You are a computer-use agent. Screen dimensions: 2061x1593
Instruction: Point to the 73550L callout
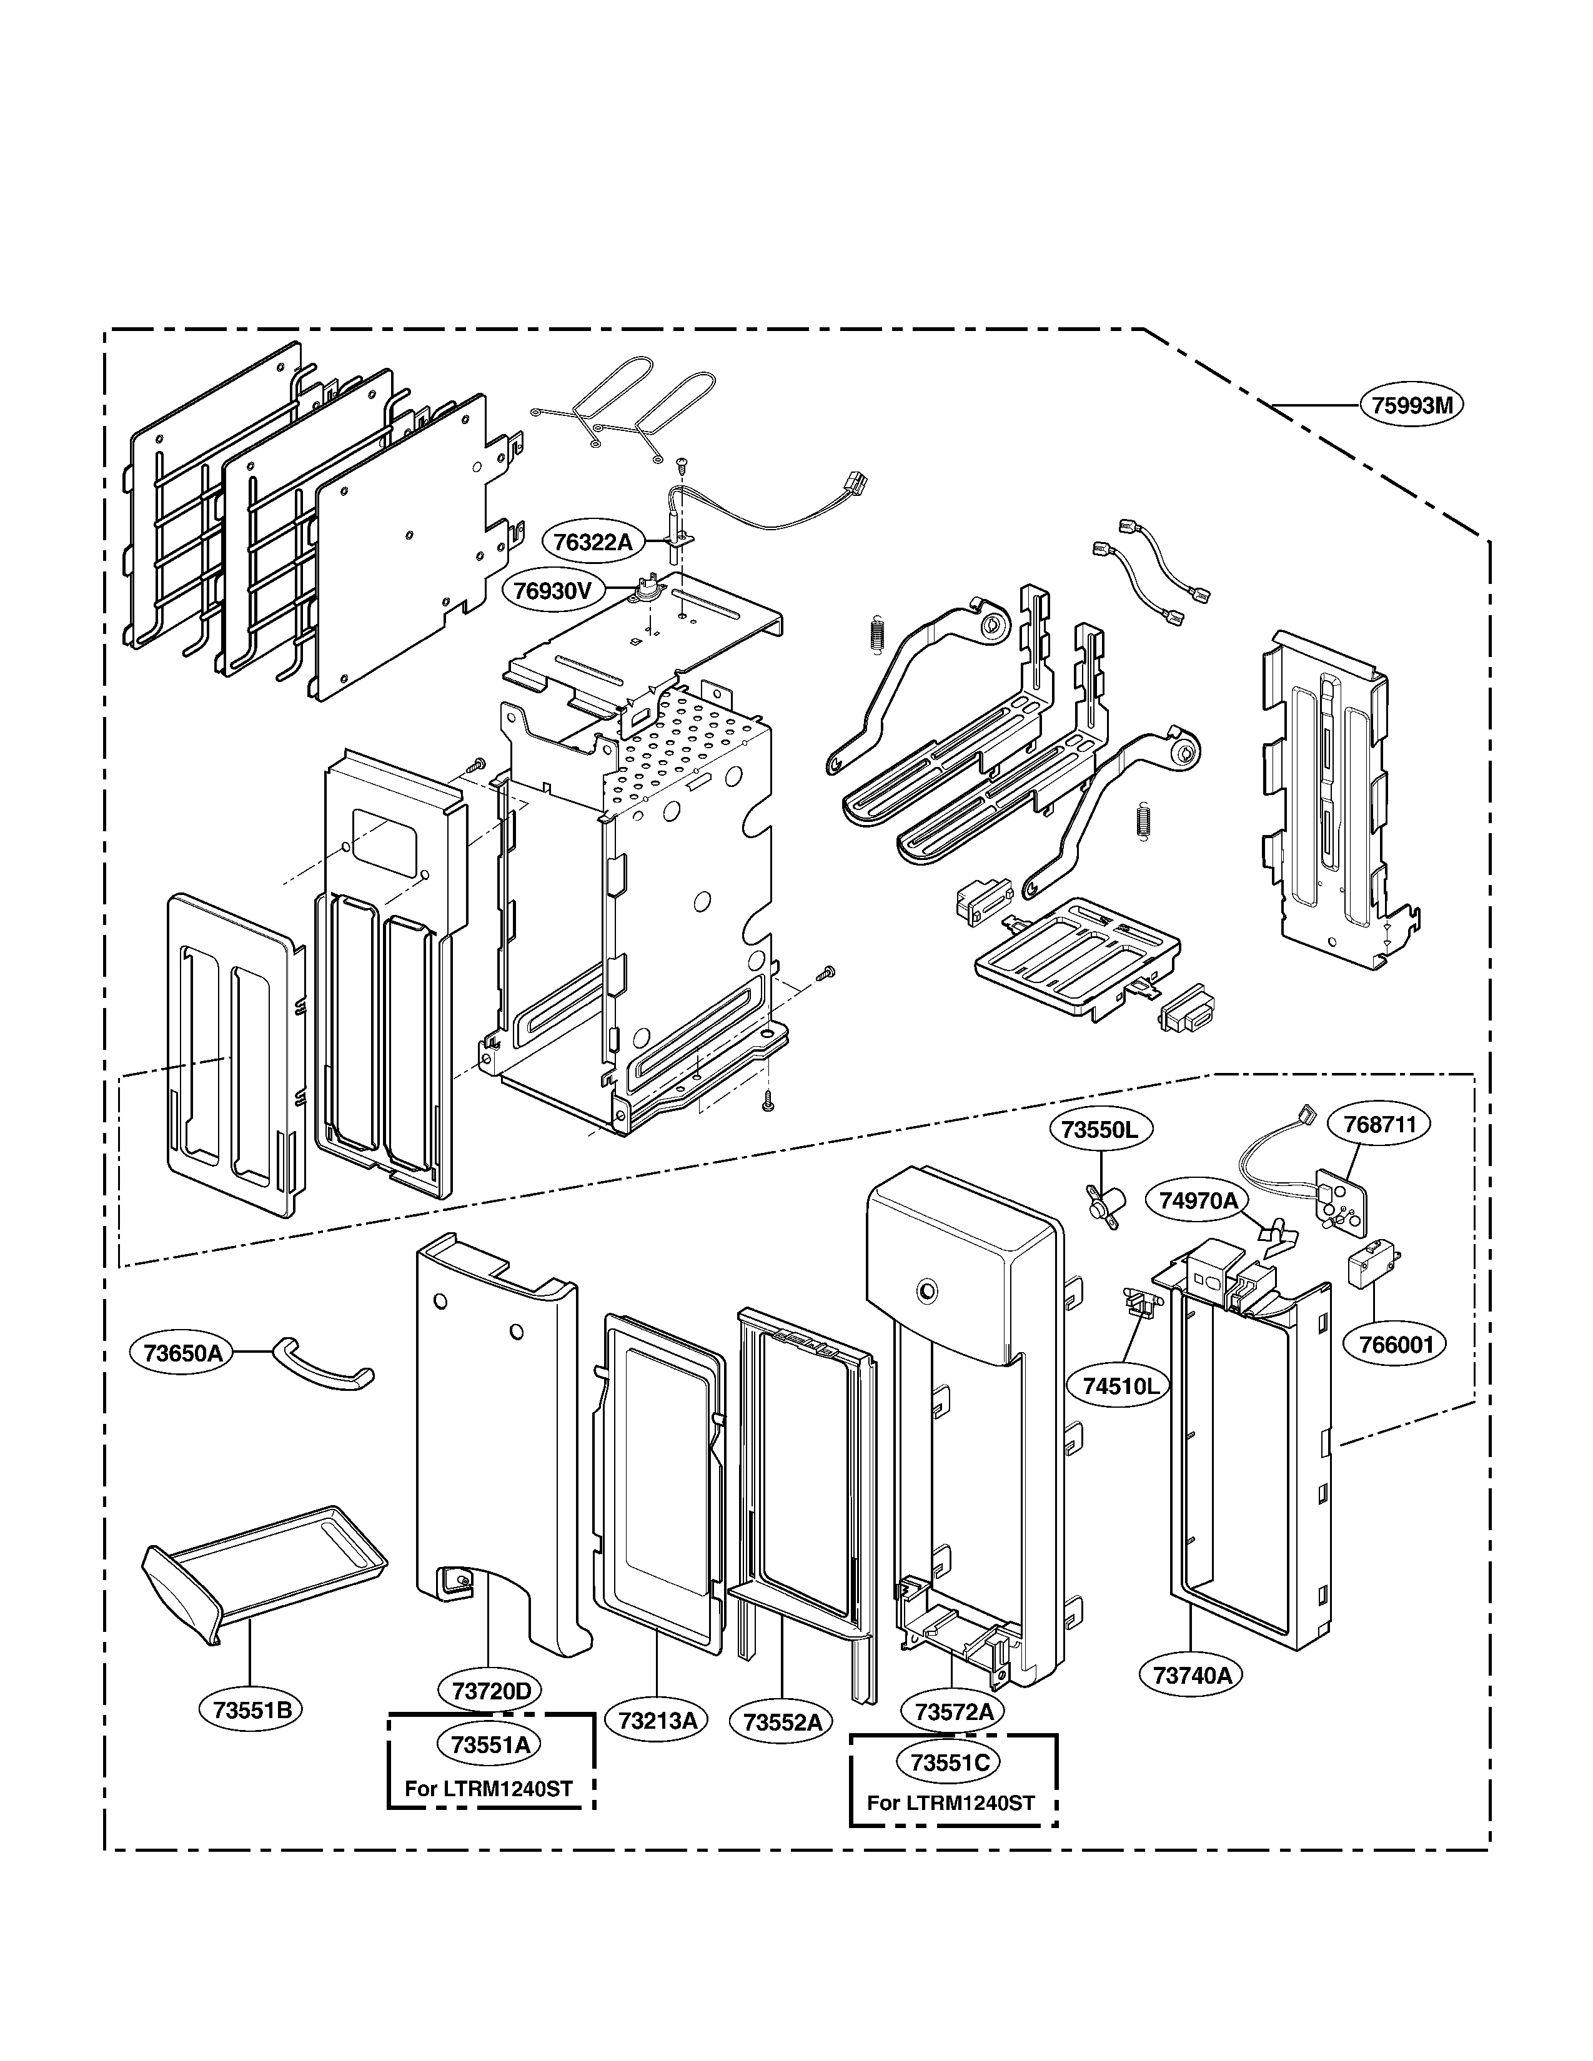(1099, 1130)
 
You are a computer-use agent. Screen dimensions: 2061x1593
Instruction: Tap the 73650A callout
(182, 1352)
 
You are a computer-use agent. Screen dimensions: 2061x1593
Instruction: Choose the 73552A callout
(782, 1722)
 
